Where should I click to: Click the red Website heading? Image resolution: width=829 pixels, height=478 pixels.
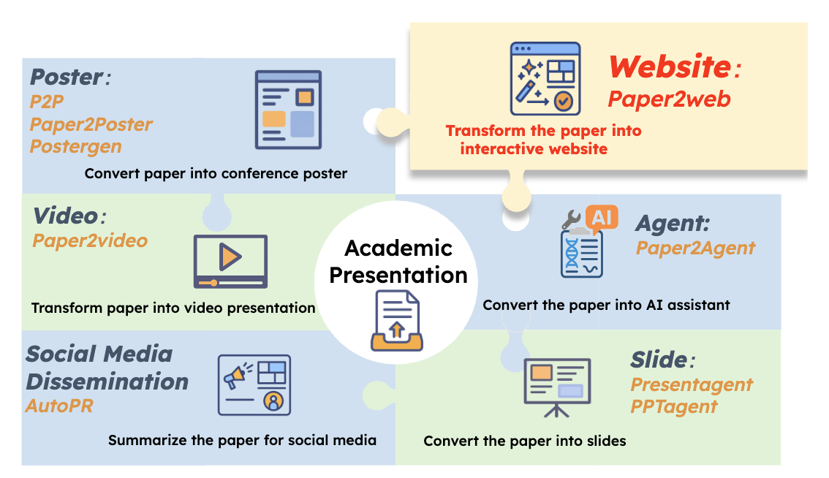tap(670, 67)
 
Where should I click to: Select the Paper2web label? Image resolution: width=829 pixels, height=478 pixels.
tap(670, 99)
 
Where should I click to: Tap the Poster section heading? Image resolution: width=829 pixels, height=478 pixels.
tap(67, 77)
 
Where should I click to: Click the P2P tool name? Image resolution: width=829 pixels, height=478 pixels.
tap(47, 102)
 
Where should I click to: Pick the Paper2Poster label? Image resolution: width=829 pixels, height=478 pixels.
tap(91, 124)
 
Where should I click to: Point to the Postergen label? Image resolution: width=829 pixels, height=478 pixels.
tap(75, 146)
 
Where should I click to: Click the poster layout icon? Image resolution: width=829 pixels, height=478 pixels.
tap(288, 110)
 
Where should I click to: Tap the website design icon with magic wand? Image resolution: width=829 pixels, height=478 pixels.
tap(545, 79)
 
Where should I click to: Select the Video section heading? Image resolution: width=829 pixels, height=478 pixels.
tap(66, 216)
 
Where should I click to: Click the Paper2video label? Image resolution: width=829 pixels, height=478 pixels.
tap(90, 240)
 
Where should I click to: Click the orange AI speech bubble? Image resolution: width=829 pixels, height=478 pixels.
tap(602, 218)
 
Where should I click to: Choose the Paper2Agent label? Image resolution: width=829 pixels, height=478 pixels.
tap(695, 248)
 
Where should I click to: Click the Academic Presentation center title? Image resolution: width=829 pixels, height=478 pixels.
tap(398, 261)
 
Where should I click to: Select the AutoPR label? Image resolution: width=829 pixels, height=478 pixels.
tap(59, 406)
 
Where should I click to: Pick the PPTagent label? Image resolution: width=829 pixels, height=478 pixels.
tap(673, 406)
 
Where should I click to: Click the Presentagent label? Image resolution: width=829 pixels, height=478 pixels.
tap(692, 384)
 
